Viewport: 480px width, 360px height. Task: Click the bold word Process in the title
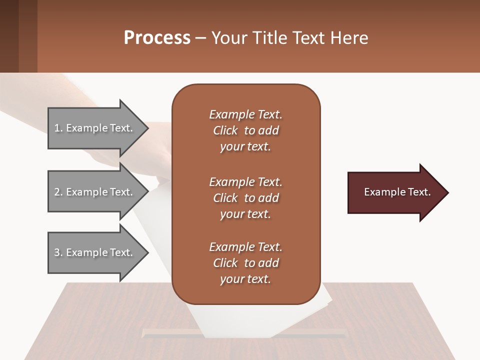click(157, 37)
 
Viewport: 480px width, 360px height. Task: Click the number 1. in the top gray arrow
click(58, 128)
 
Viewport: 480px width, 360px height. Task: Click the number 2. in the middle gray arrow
click(58, 192)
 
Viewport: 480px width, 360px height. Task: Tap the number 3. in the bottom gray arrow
click(58, 252)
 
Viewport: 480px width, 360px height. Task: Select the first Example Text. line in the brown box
click(245, 114)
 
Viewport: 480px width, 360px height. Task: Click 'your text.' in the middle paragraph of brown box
click(245, 214)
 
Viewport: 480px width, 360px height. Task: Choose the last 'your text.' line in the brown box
click(245, 279)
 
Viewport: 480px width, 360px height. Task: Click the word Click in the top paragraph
click(225, 130)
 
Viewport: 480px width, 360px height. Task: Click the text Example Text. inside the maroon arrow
click(397, 192)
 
